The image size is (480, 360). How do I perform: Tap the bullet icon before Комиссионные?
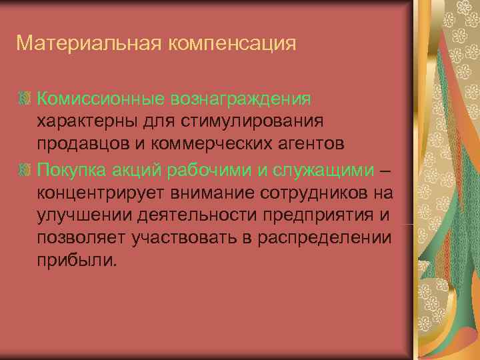click(x=27, y=99)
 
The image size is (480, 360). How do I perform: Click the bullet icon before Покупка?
click(x=27, y=169)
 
